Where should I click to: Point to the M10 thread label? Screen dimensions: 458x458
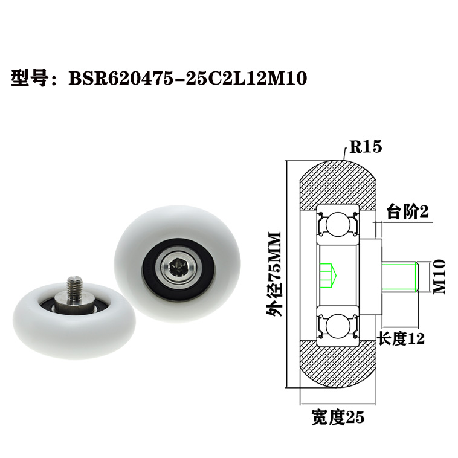(439, 276)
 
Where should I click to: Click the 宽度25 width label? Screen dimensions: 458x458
(338, 416)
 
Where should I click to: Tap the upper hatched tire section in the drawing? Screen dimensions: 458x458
(338, 181)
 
